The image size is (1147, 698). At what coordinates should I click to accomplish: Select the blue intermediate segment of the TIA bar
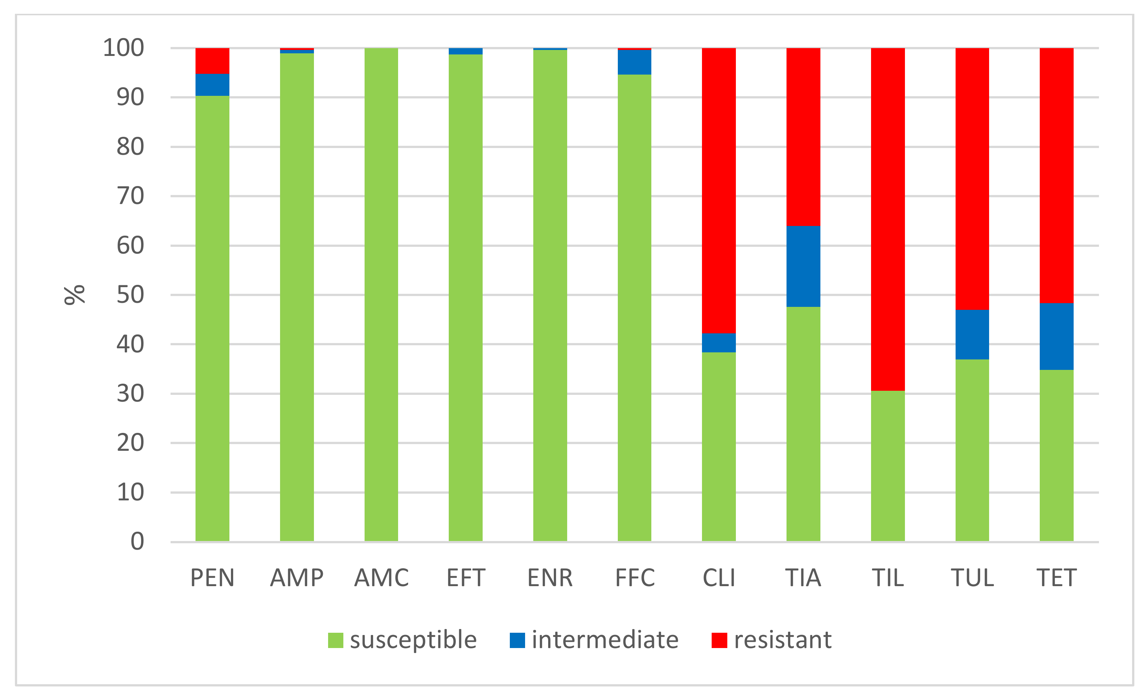point(803,266)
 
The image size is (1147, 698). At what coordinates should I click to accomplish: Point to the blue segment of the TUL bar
point(972,334)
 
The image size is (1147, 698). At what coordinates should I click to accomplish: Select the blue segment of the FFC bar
point(634,62)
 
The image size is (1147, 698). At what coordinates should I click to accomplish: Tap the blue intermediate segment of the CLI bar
point(719,343)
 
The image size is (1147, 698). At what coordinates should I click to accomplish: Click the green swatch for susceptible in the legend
point(336,640)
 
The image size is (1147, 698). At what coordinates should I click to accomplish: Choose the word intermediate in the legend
point(605,640)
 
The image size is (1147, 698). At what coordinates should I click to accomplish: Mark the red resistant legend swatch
point(719,640)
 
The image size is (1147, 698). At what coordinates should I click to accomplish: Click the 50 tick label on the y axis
point(130,295)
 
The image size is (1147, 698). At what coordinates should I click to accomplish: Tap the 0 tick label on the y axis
point(137,541)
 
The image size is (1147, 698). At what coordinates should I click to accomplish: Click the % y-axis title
point(74,295)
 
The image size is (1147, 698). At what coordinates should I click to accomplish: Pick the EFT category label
point(466,578)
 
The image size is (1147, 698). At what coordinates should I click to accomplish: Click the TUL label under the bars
point(972,578)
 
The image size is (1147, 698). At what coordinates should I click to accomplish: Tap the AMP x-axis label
point(297,578)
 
